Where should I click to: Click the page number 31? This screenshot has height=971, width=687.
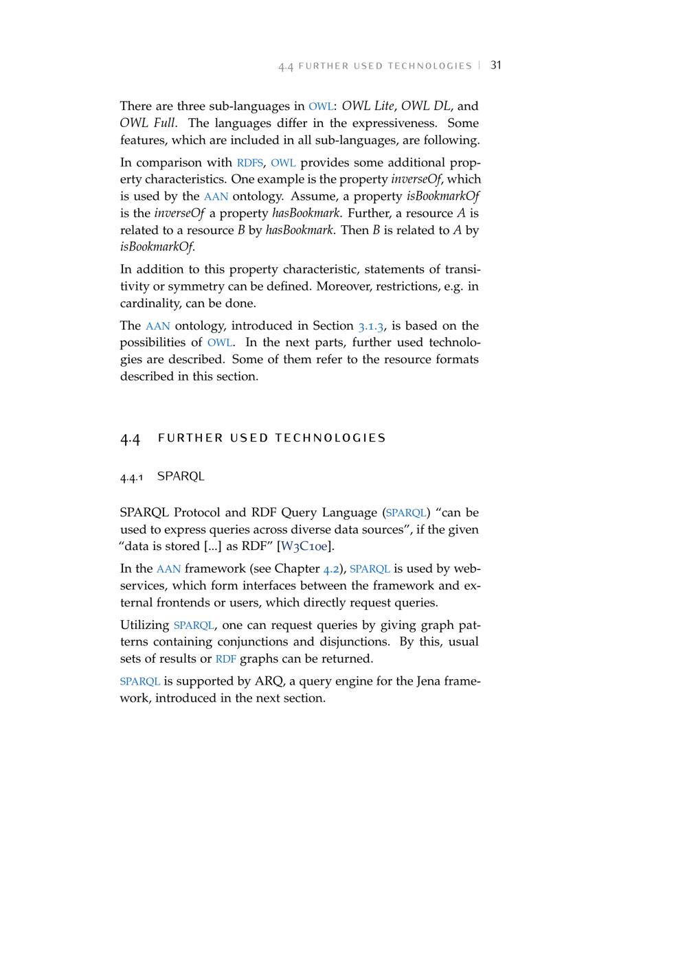pos(496,65)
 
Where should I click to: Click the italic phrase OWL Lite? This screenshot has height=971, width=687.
pos(368,106)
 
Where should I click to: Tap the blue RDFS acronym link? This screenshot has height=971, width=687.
pos(249,163)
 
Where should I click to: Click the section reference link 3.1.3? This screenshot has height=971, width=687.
pos(371,325)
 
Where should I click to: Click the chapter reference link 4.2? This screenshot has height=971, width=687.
pos(331,569)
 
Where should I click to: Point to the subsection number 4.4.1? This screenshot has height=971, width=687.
pos(131,477)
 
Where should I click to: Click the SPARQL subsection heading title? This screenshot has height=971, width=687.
pos(181,476)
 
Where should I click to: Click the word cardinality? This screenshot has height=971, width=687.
pos(149,303)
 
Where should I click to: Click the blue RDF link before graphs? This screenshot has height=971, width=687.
pos(225,659)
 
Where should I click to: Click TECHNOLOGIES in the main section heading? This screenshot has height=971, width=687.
pos(330,438)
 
